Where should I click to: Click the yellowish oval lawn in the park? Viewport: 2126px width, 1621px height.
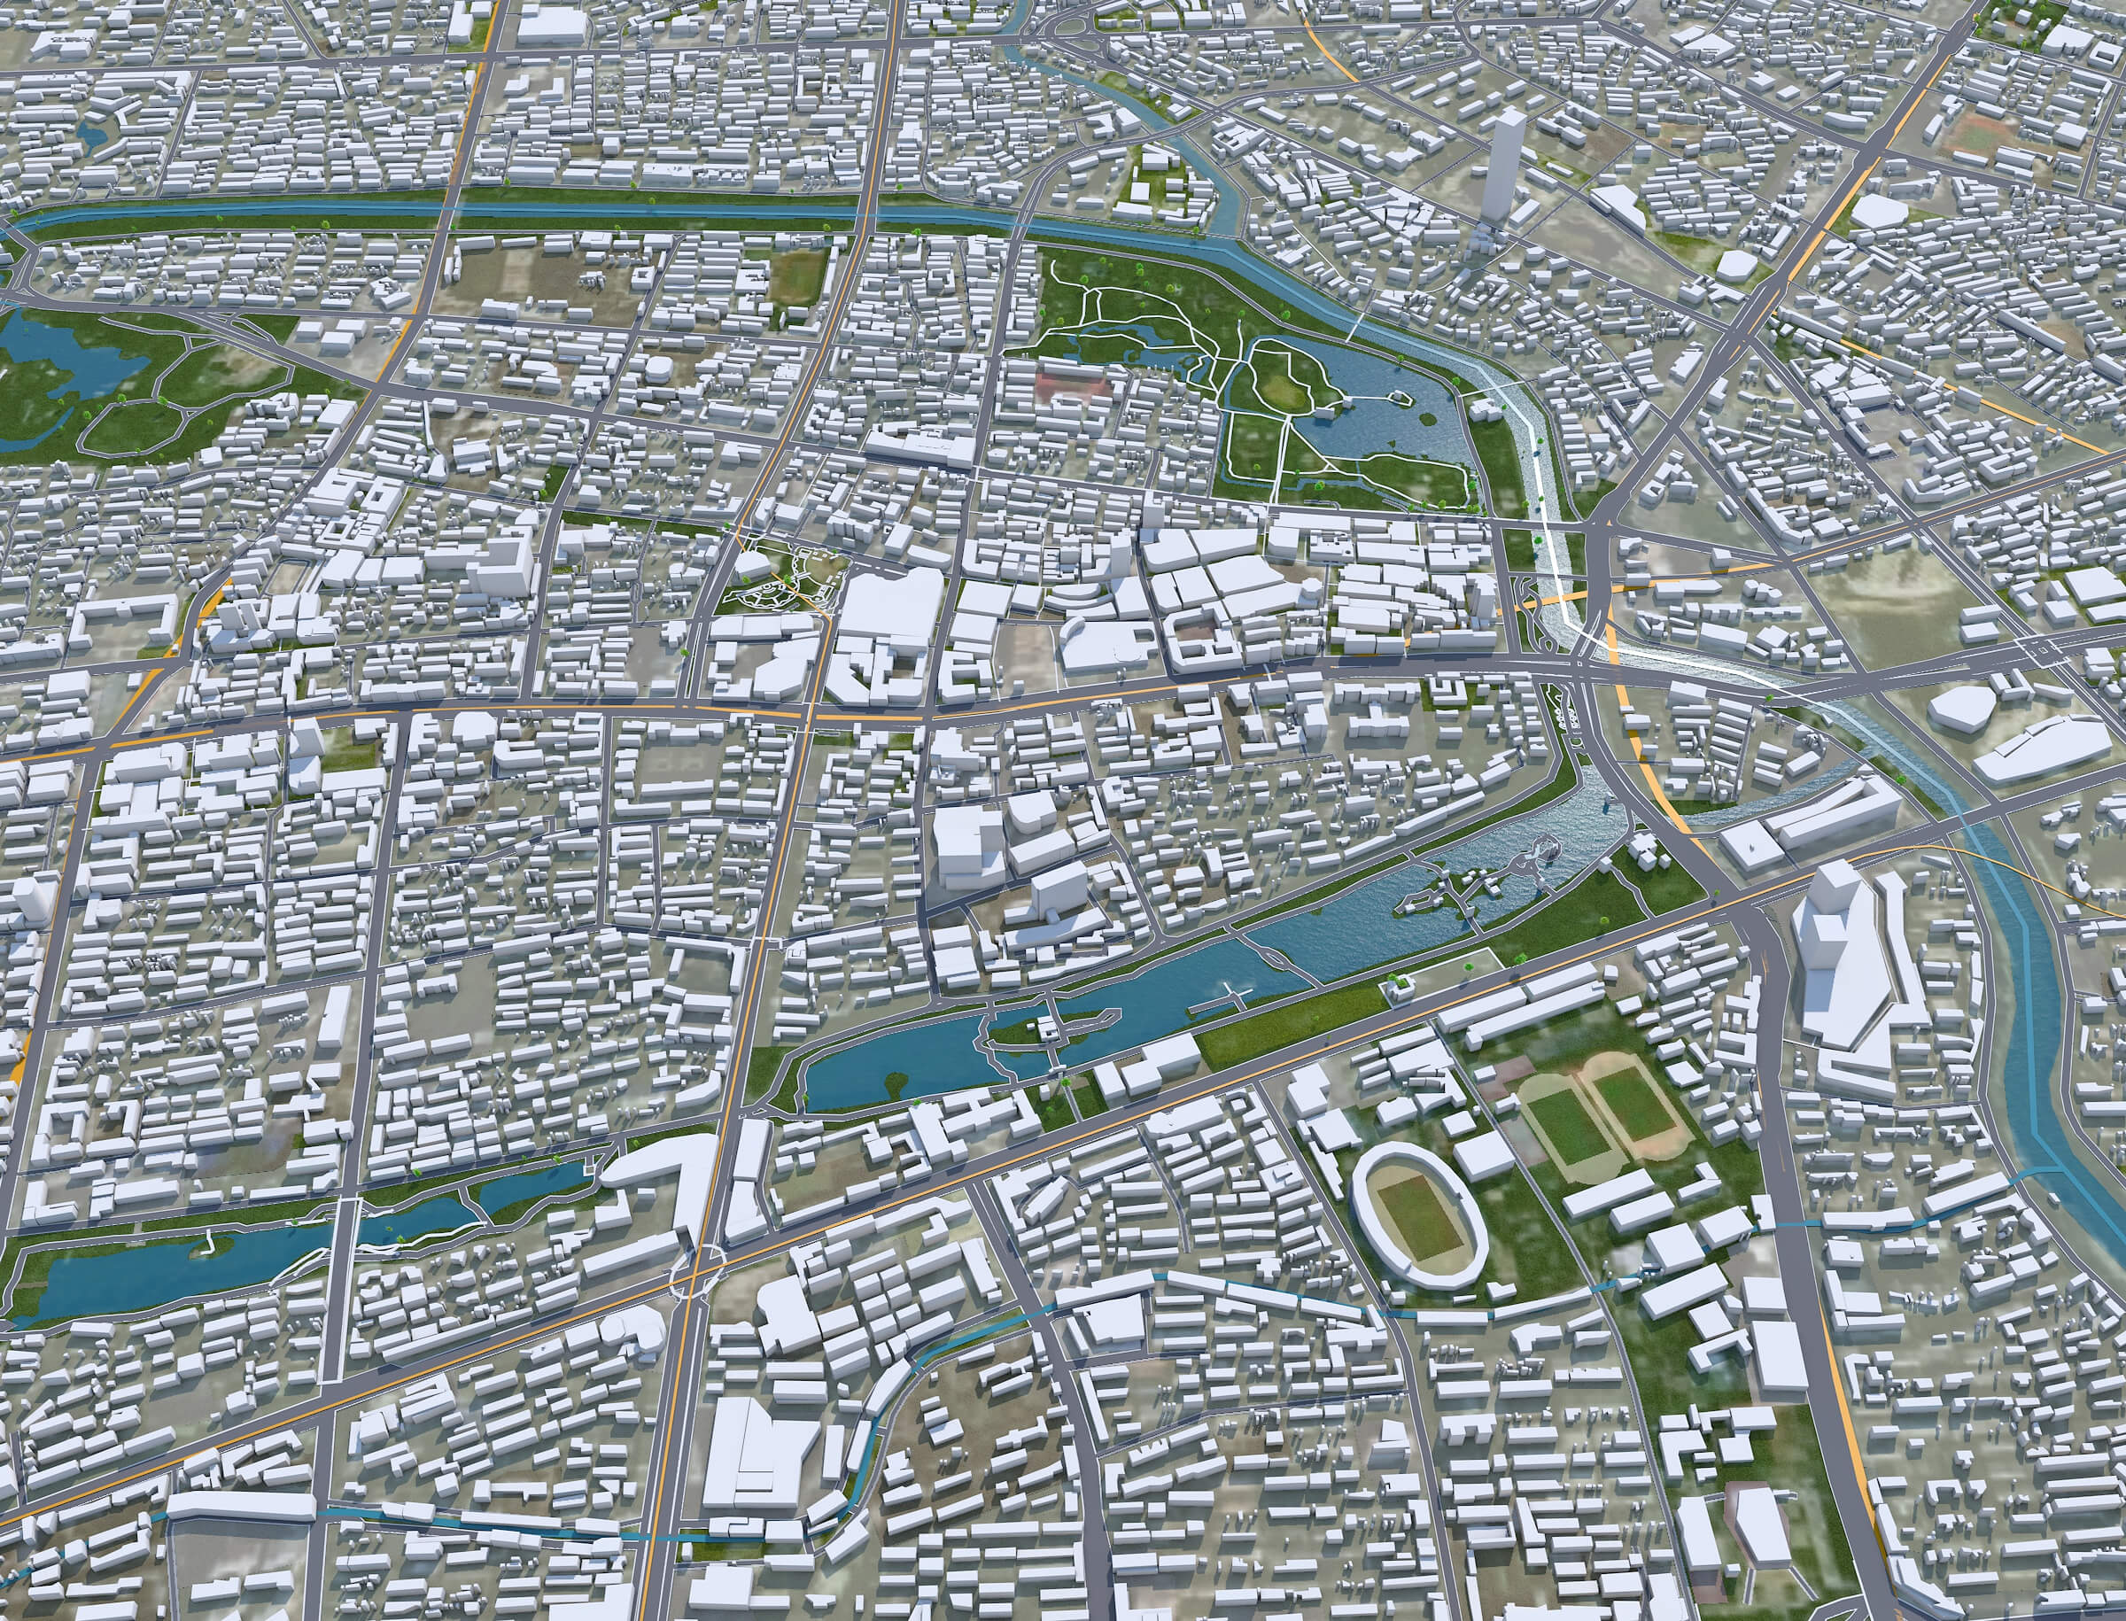(x=1282, y=388)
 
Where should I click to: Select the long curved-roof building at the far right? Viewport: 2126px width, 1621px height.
(x=2041, y=748)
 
